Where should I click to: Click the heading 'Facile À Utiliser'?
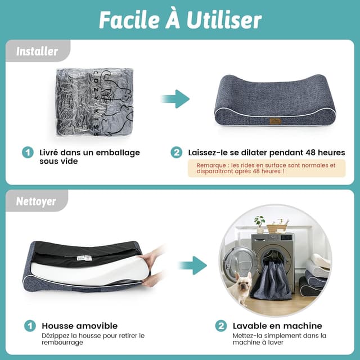180,20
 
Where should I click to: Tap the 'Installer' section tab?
37,51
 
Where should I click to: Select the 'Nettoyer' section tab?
36,201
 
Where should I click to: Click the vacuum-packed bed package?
94,102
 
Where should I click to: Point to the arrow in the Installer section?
175,99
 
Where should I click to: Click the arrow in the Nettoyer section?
193,265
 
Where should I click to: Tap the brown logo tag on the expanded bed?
275,121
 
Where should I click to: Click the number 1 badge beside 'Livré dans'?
28,152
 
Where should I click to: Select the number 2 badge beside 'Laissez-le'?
176,152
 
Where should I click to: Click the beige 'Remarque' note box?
267,168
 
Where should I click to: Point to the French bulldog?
241,287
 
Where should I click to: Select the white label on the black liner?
84,258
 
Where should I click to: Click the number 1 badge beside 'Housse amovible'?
30,326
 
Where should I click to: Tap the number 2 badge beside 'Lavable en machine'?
221,326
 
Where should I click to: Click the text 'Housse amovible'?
80,326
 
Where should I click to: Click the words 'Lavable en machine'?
277,326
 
